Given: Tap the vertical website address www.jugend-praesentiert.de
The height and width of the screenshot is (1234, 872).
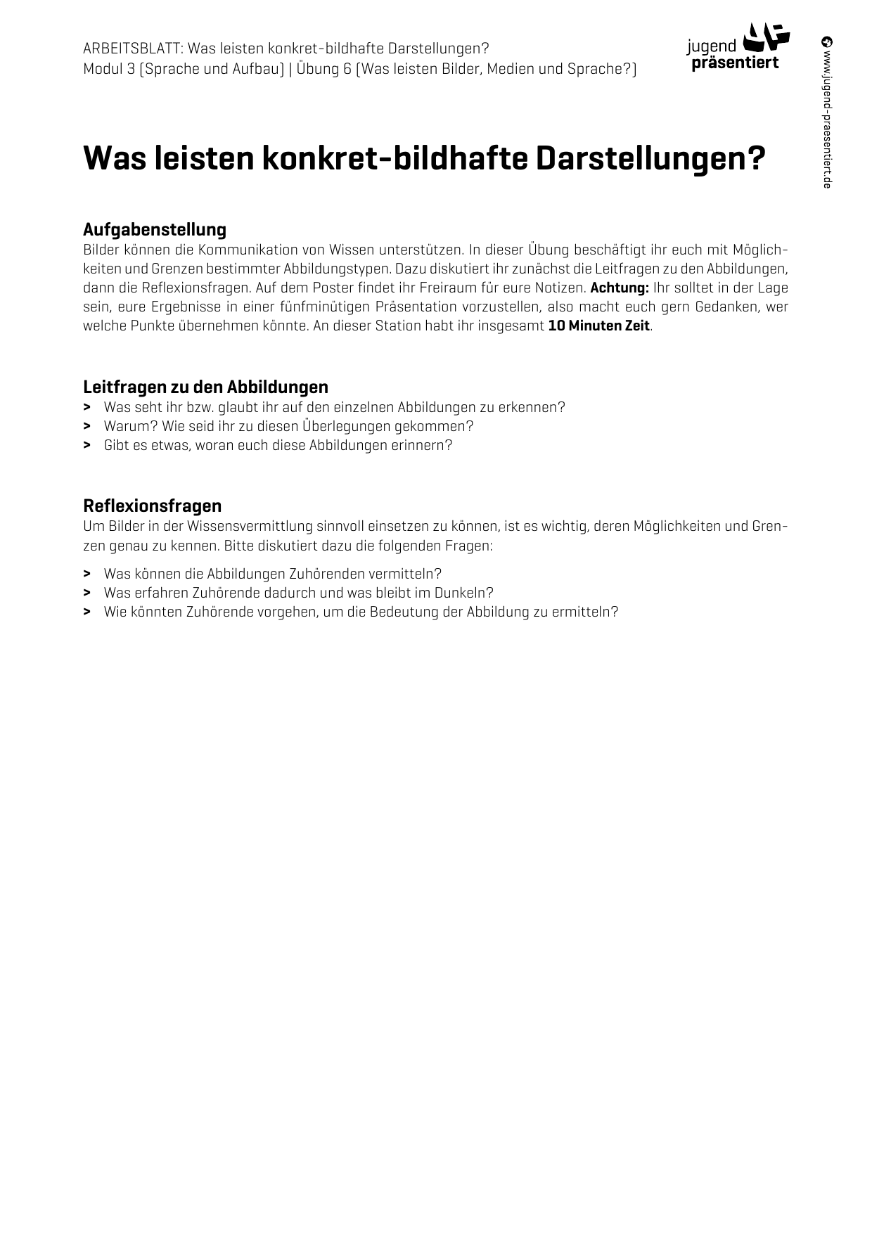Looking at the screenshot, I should [x=827, y=113].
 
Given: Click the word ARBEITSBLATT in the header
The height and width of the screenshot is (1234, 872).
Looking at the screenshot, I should [x=132, y=49].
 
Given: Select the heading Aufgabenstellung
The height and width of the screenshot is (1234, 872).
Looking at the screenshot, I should [x=155, y=229].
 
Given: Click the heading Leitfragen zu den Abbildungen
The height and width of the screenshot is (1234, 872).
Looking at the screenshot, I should [x=205, y=387].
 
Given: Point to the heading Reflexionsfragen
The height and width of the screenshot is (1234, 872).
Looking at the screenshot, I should [x=152, y=506].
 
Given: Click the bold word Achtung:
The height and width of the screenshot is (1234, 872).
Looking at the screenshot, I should [x=620, y=288].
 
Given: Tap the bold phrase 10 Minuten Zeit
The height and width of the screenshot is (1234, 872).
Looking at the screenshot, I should [x=599, y=326].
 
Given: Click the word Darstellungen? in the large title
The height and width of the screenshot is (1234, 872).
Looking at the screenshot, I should [x=650, y=158].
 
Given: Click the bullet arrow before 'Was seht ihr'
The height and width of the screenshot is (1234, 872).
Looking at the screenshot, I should [x=86, y=407].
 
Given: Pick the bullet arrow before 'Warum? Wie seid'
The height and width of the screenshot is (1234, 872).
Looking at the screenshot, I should [x=86, y=426].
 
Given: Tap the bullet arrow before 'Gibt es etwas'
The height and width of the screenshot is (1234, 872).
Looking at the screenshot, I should [x=86, y=445].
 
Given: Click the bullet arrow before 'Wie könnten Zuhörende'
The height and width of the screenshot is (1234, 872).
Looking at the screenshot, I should [x=86, y=612].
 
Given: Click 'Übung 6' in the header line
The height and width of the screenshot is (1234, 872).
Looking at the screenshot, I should [x=323, y=69].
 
